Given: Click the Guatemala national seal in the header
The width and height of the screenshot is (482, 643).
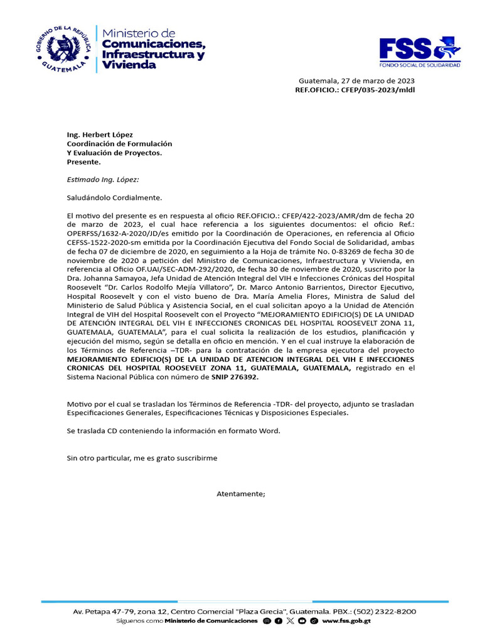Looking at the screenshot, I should click(63, 48).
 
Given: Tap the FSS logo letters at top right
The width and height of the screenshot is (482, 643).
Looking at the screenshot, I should click(406, 49).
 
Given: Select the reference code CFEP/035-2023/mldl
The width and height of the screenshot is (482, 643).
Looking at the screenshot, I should click(378, 90).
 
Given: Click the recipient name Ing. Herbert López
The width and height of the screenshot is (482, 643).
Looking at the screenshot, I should click(100, 135).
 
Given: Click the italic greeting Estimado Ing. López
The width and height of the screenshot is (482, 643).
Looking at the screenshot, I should click(103, 180).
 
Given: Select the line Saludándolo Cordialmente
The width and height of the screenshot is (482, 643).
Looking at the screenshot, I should click(114, 198).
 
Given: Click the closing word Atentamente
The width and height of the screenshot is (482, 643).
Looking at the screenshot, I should click(241, 494).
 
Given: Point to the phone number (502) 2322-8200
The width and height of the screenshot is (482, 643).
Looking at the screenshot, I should click(385, 612).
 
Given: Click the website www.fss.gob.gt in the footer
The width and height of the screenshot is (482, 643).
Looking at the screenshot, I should click(346, 621).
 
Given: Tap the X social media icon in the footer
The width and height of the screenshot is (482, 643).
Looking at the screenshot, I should click(290, 621).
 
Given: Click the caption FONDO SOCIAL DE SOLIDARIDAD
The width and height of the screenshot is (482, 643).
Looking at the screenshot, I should click(420, 65).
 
